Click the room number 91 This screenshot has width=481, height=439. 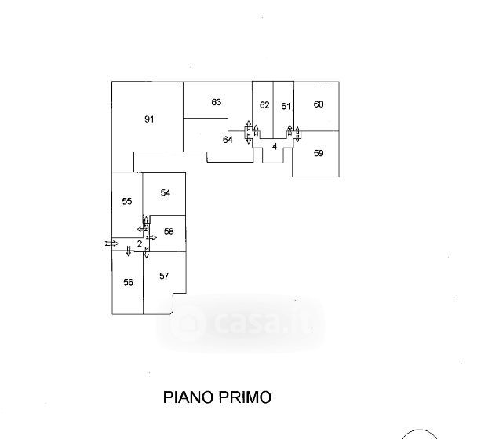(149, 119)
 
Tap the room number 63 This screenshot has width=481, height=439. (217, 102)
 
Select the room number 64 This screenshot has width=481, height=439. (228, 140)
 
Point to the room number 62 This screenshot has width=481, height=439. (264, 105)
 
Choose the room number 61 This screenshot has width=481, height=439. (286, 106)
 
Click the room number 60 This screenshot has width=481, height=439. (319, 104)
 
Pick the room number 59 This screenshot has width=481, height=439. (319, 153)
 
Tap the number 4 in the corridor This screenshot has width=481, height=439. (275, 146)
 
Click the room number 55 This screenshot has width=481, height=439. (127, 202)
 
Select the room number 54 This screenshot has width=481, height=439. (166, 192)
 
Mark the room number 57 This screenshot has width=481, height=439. (164, 276)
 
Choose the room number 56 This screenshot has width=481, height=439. (128, 282)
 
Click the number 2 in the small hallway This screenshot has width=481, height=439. (139, 244)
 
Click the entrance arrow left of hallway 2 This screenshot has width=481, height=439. (111, 244)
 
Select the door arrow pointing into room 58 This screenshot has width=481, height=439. (152, 236)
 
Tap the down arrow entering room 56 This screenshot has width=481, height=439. (129, 251)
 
